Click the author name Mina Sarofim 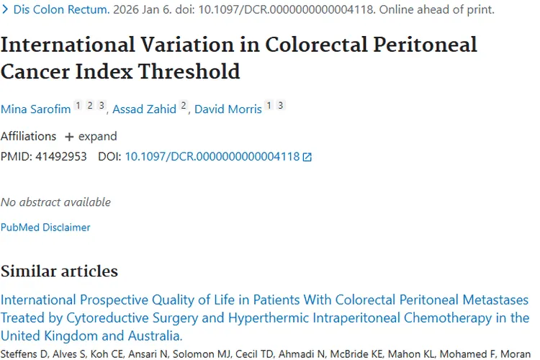pyautogui.click(x=35, y=109)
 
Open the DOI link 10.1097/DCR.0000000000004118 pyautogui.click(x=212, y=156)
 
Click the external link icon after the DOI pyautogui.click(x=307, y=156)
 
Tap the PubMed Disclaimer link pyautogui.click(x=45, y=227)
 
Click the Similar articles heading pyautogui.click(x=59, y=271)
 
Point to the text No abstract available pyautogui.click(x=55, y=202)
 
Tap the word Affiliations pyautogui.click(x=28, y=136)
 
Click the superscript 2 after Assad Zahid pyautogui.click(x=184, y=105)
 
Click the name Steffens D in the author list pyautogui.click(x=22, y=354)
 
